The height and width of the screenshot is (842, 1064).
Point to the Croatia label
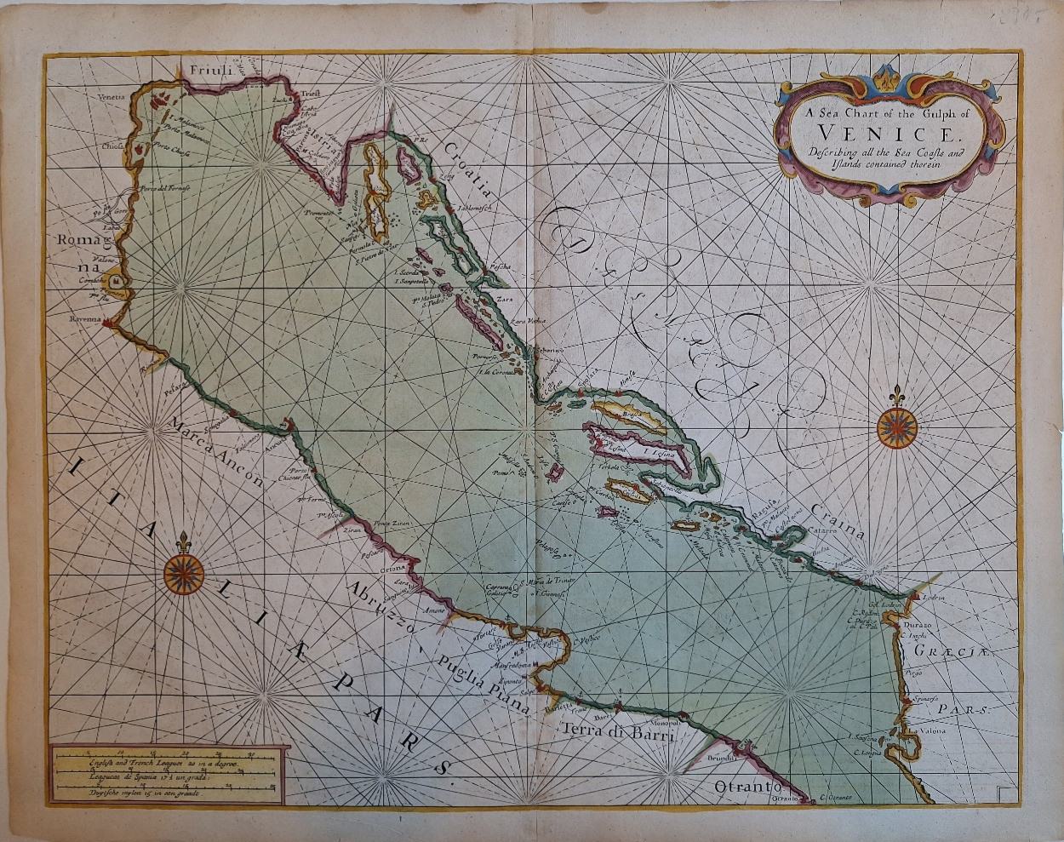click(470, 174)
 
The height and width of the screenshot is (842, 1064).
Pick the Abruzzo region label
click(379, 608)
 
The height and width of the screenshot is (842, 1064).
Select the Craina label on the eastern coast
click(838, 522)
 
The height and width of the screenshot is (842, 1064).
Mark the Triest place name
click(310, 100)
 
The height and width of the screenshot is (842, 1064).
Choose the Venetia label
click(111, 97)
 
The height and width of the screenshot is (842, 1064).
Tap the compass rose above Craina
click(894, 426)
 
